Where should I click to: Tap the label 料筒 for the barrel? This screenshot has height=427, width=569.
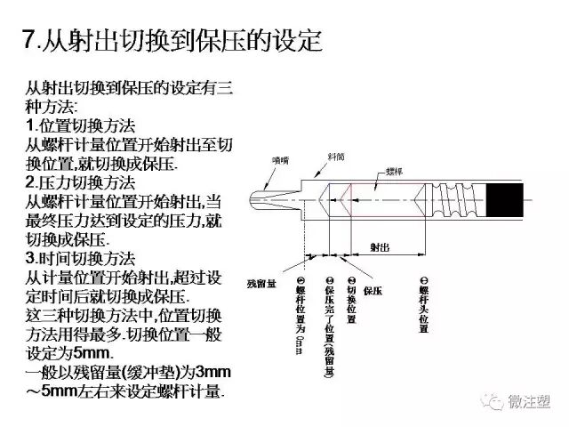[337, 154]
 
